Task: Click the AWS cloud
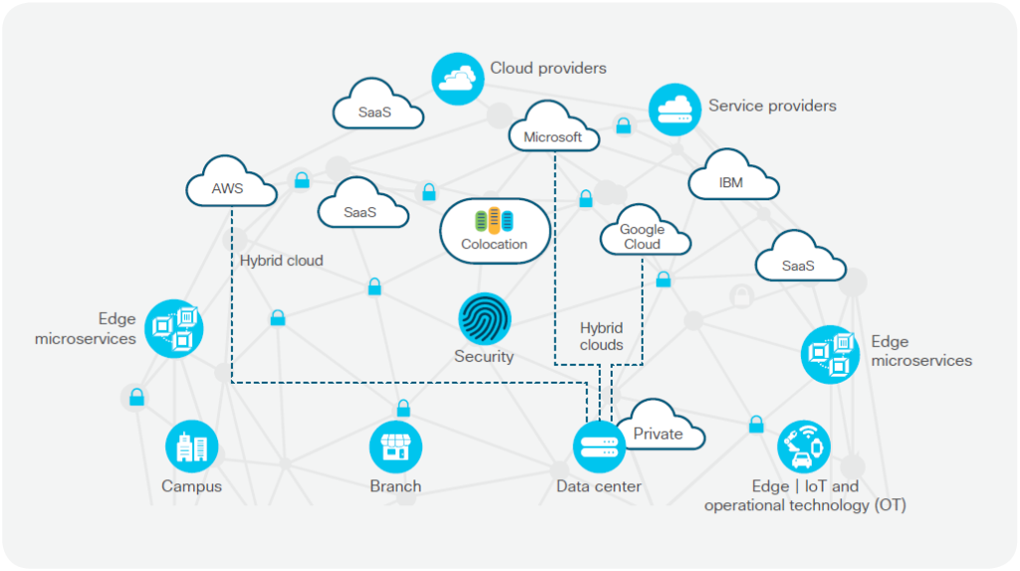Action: pyautogui.click(x=229, y=186)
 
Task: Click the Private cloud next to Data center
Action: pyautogui.click(x=659, y=431)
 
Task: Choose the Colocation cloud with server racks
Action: pyautogui.click(x=494, y=232)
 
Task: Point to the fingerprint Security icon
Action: pyautogui.click(x=484, y=319)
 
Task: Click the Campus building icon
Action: pyautogui.click(x=191, y=447)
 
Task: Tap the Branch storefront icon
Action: pyautogui.click(x=395, y=447)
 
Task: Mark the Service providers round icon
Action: pyautogui.click(x=675, y=109)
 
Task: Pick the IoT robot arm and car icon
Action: pyautogui.click(x=803, y=445)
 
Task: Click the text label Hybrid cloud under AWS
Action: pyautogui.click(x=281, y=261)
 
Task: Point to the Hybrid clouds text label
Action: pyautogui.click(x=602, y=336)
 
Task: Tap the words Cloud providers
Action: pyautogui.click(x=548, y=69)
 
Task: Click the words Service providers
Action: pyautogui.click(x=772, y=106)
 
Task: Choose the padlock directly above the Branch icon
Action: pyautogui.click(x=403, y=408)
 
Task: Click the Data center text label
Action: pyautogui.click(x=599, y=487)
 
